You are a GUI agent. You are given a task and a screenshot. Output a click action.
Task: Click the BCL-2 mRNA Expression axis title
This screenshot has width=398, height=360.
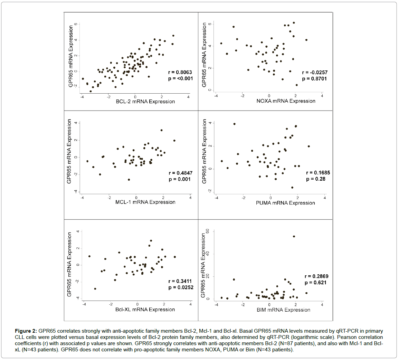click(146, 102)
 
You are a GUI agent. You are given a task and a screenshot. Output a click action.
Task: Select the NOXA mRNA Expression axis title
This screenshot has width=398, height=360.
click(286, 101)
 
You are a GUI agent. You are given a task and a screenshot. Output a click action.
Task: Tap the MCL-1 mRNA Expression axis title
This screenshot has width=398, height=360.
click(145, 202)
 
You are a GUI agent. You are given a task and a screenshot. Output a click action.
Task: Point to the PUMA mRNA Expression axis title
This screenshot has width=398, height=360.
click(285, 203)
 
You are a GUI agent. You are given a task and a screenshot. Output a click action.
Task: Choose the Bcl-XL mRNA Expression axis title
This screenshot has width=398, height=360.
click(145, 309)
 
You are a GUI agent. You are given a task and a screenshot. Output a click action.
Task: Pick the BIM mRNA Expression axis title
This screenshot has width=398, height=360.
click(283, 310)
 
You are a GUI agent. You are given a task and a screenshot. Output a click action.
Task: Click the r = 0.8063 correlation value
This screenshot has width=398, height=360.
click(180, 72)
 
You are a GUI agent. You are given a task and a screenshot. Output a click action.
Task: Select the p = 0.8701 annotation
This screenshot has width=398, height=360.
click(314, 79)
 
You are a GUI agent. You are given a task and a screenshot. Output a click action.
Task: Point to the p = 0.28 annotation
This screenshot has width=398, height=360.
click(316, 179)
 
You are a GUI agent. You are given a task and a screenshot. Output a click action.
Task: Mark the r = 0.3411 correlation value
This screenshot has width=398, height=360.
click(180, 281)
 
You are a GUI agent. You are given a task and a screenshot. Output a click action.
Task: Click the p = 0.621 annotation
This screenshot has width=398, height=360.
click(315, 283)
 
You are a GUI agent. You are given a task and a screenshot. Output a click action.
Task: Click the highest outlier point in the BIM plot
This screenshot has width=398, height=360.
click(294, 236)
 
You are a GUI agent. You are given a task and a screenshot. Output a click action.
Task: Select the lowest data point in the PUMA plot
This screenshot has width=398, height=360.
click(292, 188)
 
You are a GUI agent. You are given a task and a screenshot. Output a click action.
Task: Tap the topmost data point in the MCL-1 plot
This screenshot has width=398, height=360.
click(161, 130)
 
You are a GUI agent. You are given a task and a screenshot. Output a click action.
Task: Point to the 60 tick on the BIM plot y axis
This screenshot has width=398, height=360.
click(208, 231)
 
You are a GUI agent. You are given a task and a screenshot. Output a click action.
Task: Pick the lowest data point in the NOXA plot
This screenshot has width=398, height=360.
click(296, 85)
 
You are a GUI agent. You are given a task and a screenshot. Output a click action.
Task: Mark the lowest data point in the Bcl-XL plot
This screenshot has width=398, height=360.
click(95, 288)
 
